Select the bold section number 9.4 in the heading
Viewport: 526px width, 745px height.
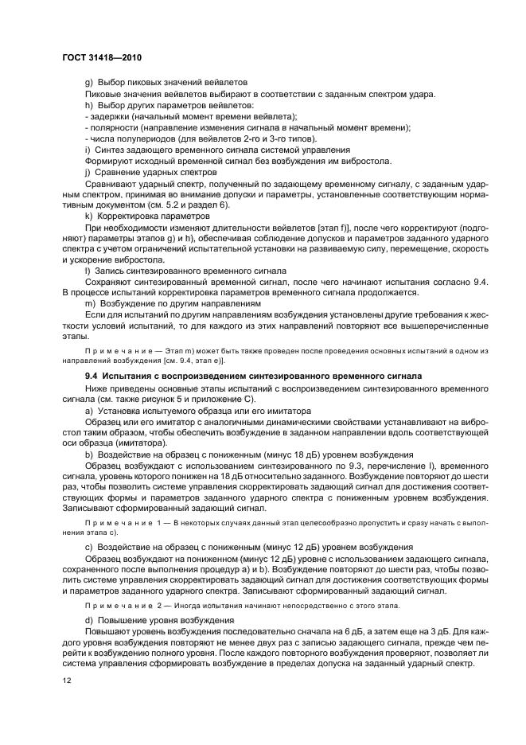[x=92, y=375]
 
